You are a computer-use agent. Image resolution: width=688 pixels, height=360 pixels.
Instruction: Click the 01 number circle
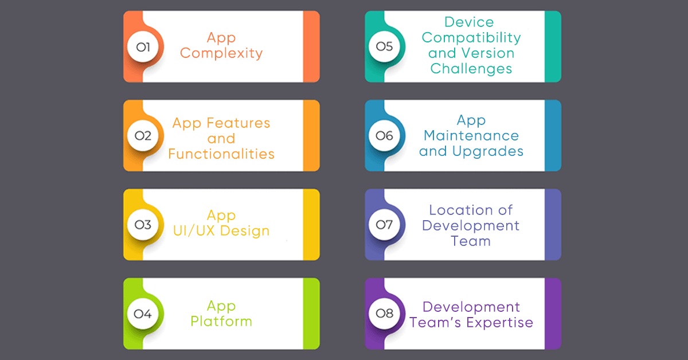(143, 46)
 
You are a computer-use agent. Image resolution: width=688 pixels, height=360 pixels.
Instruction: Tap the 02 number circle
(143, 136)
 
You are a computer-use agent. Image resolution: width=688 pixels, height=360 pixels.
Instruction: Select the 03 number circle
(143, 225)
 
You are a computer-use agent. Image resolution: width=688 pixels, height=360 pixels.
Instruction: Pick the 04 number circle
(143, 314)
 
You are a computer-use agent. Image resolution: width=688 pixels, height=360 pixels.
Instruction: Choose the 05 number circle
(385, 46)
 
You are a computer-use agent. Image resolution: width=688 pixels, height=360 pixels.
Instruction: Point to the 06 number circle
(385, 136)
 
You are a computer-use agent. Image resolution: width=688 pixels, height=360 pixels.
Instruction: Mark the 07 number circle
(385, 225)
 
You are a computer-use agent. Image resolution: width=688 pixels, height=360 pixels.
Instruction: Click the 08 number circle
(385, 314)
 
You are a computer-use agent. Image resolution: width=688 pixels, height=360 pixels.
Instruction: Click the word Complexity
(221, 53)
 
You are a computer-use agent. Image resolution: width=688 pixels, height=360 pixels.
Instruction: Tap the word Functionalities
(221, 154)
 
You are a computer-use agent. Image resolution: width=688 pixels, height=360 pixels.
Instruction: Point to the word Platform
(221, 321)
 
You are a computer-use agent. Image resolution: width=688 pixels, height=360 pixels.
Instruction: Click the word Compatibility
(471, 38)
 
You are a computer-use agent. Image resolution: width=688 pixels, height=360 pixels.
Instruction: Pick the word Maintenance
(471, 136)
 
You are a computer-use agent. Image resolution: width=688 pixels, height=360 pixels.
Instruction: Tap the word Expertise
(500, 322)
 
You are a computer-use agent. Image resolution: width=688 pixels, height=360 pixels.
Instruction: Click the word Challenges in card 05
(471, 69)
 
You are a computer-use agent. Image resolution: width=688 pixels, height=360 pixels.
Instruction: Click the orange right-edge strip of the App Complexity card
(311, 46)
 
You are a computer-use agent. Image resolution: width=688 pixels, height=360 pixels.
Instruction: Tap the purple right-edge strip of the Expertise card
(553, 314)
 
